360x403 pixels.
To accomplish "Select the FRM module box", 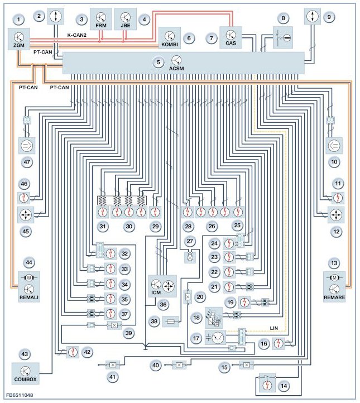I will click(x=101, y=20).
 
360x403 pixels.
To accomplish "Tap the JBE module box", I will click(x=125, y=20).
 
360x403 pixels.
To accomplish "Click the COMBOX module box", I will click(x=26, y=373).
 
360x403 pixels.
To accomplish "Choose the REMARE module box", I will click(x=334, y=285).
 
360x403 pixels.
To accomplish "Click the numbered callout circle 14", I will click(x=285, y=386).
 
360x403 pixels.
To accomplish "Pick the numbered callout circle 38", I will click(x=153, y=322).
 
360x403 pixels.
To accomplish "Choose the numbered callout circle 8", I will click(x=284, y=18).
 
